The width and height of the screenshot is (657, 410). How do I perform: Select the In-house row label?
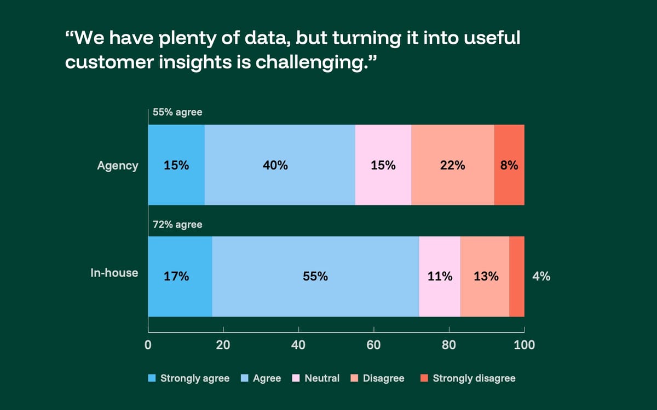coord(114,273)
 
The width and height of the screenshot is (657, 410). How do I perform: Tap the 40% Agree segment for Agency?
coord(280,165)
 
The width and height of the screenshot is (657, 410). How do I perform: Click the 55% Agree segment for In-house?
coord(315,277)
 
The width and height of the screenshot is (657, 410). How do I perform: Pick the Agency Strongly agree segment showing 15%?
coord(176,165)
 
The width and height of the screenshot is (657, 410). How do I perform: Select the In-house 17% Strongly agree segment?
coord(180,277)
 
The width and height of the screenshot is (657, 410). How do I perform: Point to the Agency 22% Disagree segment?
coord(452,165)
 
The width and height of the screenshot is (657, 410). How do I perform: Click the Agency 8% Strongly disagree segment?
coord(509,165)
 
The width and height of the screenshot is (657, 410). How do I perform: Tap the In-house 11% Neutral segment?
coord(440,277)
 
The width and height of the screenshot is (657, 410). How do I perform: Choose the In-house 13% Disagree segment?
coord(485,277)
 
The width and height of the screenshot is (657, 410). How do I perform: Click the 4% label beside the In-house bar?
coord(541,277)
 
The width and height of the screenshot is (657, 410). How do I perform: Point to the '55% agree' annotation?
coord(177,113)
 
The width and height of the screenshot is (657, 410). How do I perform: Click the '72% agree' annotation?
coord(177,225)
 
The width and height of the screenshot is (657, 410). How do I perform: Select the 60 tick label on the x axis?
coord(374,345)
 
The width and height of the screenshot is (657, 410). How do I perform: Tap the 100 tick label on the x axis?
coord(525,345)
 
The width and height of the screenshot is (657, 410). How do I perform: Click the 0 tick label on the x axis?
coord(148,345)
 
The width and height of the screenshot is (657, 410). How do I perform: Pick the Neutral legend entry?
coord(316,378)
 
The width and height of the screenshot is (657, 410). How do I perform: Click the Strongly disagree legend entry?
coord(468,378)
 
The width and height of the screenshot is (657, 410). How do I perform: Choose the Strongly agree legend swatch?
coord(153,378)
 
